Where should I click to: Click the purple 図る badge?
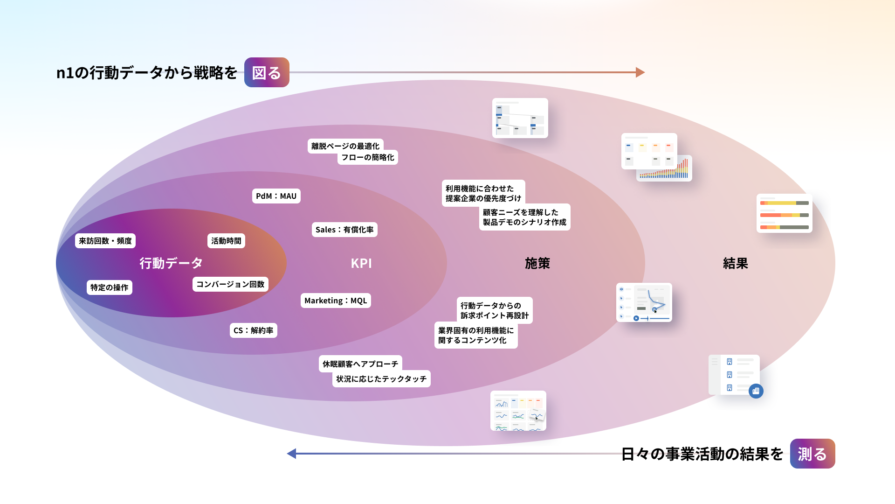tap(267, 72)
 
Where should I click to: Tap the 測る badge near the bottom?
tap(812, 454)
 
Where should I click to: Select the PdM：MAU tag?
tap(276, 196)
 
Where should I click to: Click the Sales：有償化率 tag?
tap(344, 230)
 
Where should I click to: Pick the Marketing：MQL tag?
tap(336, 301)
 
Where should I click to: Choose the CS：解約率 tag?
tap(253, 330)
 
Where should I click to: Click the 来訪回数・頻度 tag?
tap(105, 241)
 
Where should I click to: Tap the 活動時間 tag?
tap(226, 241)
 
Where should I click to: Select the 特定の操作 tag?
tap(109, 287)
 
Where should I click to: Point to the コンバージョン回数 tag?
tap(230, 284)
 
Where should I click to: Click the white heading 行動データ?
tap(171, 263)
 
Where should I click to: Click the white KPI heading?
tap(361, 263)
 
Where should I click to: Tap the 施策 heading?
tap(537, 263)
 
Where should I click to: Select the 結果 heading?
tap(736, 263)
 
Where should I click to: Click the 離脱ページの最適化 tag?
tap(345, 146)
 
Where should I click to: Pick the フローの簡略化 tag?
tap(367, 157)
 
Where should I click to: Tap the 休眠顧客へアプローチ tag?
tap(360, 364)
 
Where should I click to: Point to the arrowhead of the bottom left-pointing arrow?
tap(292, 454)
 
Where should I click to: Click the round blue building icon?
tap(756, 391)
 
